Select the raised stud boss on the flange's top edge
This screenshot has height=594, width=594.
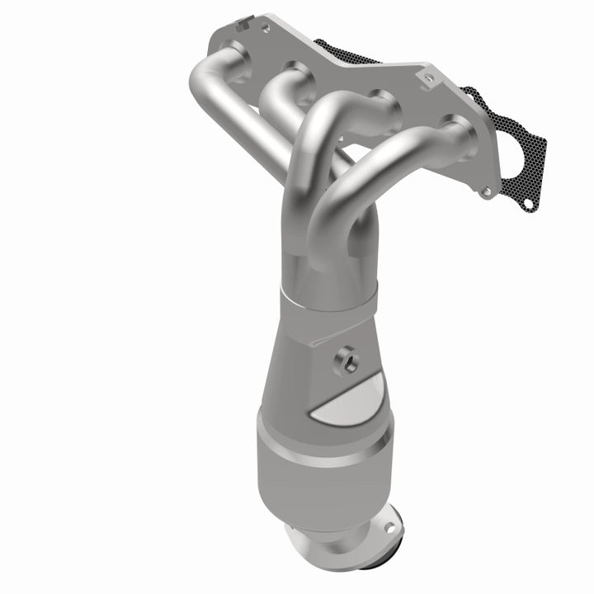coord(427,79)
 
